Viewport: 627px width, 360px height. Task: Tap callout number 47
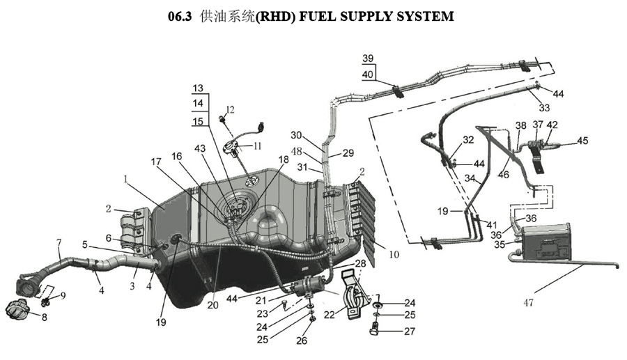(x=528, y=303)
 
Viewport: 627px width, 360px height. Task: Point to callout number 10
(x=394, y=254)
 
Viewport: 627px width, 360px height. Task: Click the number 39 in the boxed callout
(x=368, y=58)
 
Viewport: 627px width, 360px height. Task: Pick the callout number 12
(x=230, y=109)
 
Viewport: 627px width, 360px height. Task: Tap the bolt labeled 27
(x=375, y=331)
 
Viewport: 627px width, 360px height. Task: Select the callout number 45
(x=582, y=141)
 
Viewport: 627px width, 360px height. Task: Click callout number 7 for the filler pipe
(x=59, y=242)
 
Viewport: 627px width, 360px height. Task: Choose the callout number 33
(x=544, y=107)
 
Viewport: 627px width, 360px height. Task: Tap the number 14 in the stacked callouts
(x=198, y=104)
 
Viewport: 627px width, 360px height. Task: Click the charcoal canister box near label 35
(x=547, y=242)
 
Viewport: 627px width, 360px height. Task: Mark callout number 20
(x=213, y=304)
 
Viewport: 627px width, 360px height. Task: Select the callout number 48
(x=296, y=151)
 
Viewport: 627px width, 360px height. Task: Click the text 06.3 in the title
(x=180, y=17)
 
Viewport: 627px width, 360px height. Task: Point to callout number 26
(x=302, y=340)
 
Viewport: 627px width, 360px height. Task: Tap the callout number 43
(x=199, y=148)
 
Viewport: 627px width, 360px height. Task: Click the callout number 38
(x=520, y=126)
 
